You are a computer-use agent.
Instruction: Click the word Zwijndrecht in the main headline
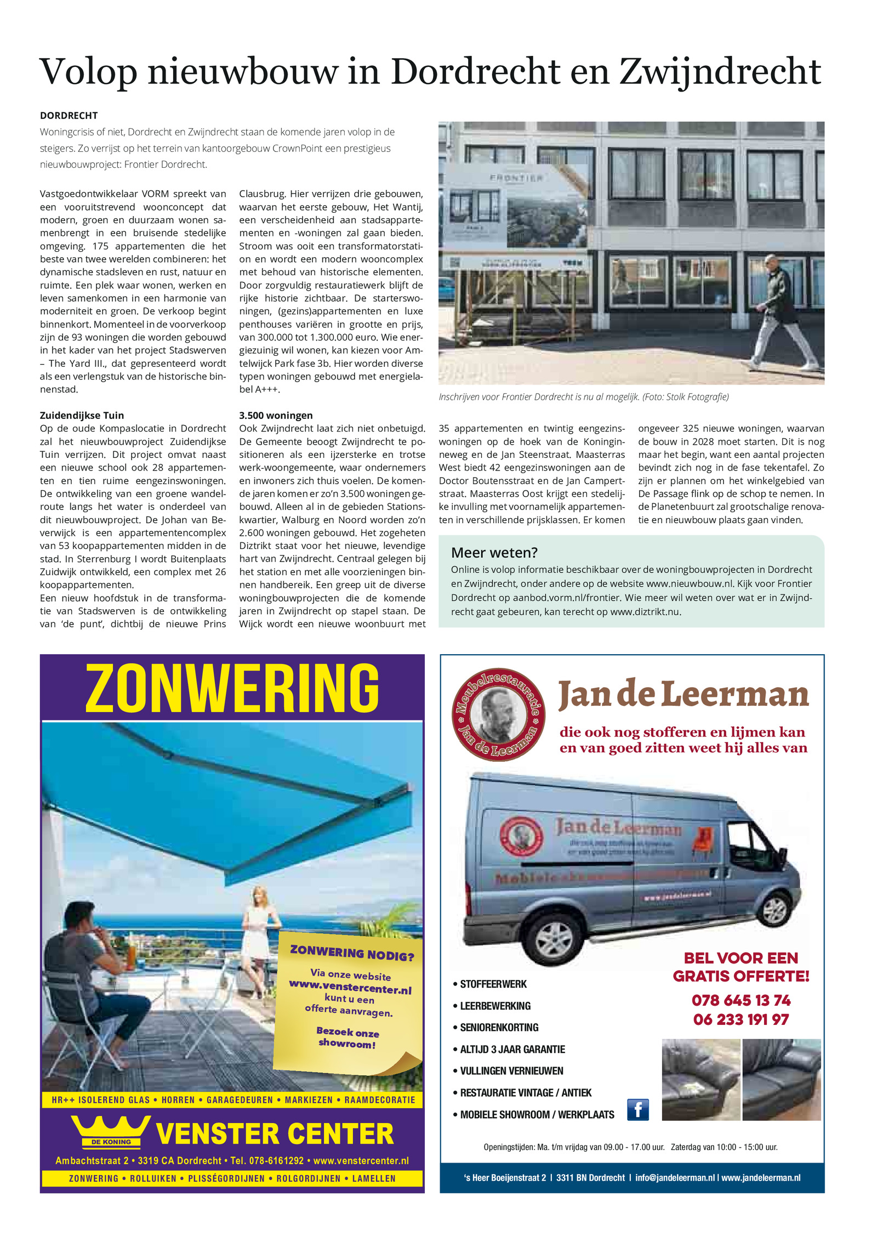click(x=720, y=72)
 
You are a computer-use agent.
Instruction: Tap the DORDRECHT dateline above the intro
click(x=69, y=116)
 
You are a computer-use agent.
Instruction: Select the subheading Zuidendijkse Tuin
click(x=82, y=415)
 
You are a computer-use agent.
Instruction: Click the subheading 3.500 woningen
click(x=276, y=415)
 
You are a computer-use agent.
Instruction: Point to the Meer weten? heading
click(x=494, y=552)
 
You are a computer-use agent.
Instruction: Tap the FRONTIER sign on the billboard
click(x=516, y=178)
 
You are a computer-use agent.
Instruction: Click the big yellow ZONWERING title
click(x=232, y=688)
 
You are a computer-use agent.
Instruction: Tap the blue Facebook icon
click(x=637, y=1109)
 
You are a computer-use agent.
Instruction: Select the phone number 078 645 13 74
click(x=741, y=1000)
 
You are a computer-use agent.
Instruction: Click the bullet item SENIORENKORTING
click(x=499, y=1027)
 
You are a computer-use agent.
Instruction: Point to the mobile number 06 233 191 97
click(x=741, y=1019)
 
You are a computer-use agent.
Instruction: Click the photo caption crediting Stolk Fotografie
click(x=583, y=396)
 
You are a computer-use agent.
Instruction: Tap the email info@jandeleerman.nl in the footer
click(x=675, y=1177)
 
